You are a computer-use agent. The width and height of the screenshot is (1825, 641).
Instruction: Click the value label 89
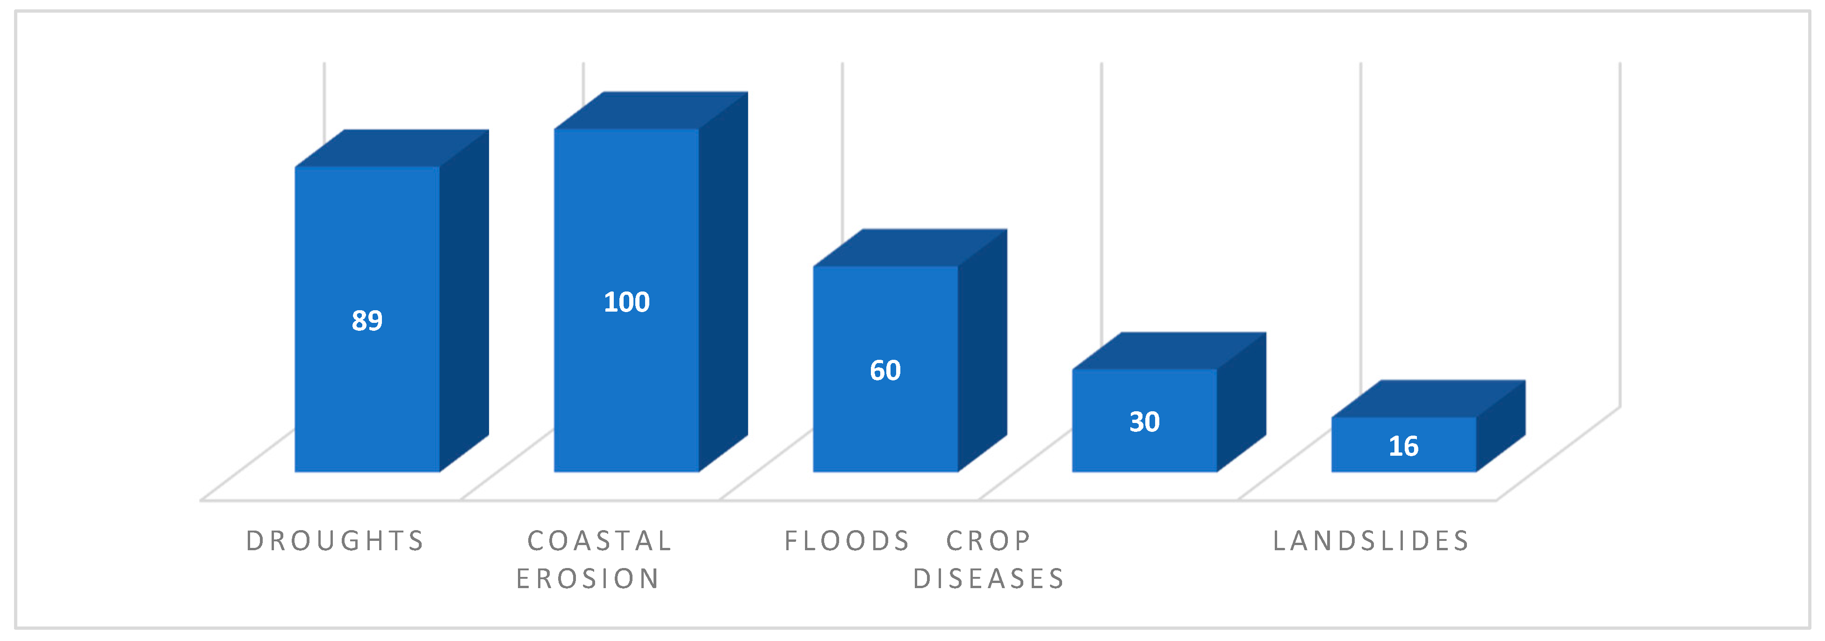[367, 320]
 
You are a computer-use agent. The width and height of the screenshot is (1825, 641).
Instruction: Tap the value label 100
[627, 302]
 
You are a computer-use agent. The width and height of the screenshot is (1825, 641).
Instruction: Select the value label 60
[885, 370]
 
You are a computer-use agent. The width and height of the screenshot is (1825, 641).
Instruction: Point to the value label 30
[1145, 422]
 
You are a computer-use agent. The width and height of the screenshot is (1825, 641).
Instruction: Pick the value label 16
[1403, 446]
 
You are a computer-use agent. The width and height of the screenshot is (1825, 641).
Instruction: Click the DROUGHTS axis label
[335, 541]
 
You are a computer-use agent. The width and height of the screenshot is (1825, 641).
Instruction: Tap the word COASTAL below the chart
[599, 541]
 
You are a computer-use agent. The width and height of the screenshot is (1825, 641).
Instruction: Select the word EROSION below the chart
[588, 579]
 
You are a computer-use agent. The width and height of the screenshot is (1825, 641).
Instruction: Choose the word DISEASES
[989, 579]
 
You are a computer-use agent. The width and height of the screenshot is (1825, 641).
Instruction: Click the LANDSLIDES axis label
[1372, 541]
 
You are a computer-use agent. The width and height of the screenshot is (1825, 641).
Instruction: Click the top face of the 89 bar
[392, 149]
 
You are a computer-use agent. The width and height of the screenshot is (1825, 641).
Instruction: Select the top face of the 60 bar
[910, 248]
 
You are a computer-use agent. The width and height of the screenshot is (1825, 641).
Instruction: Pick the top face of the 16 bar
[1428, 399]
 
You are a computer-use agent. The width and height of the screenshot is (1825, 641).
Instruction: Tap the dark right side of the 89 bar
[464, 301]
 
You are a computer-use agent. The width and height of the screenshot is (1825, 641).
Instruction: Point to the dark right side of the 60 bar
[983, 350]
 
